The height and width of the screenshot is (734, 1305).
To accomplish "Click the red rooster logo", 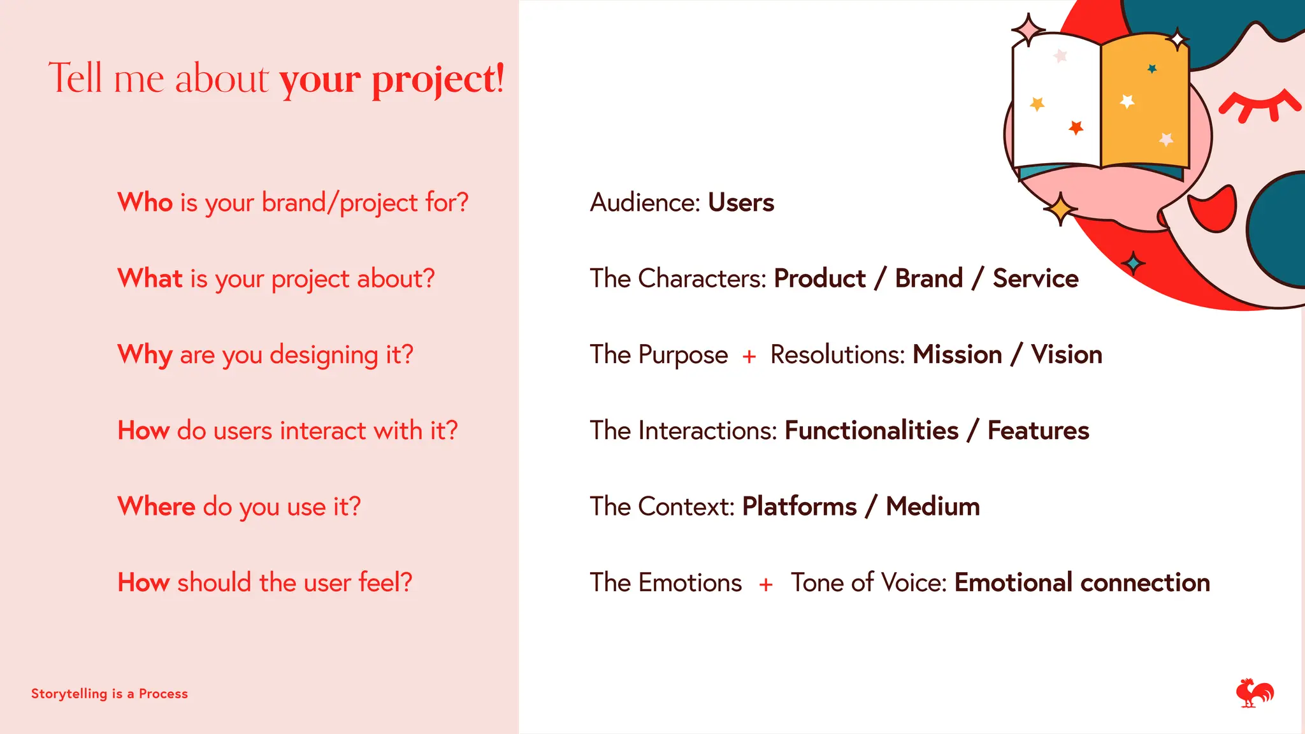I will pyautogui.click(x=1254, y=693).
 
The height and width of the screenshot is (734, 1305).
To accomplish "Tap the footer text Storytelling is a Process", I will pyautogui.click(x=110, y=694).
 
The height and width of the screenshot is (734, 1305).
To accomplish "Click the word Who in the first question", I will pyautogui.click(x=145, y=203).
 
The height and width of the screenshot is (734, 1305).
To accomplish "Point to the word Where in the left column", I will pyautogui.click(x=157, y=507).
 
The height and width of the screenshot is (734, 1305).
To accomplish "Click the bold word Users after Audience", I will pyautogui.click(x=741, y=203).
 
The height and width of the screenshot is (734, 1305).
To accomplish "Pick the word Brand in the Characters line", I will pyautogui.click(x=928, y=278).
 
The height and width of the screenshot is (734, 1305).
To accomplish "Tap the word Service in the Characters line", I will pyautogui.click(x=1035, y=278).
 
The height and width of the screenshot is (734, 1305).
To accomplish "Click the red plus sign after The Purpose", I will pyautogui.click(x=749, y=356).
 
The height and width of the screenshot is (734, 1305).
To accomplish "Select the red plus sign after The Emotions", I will pyautogui.click(x=766, y=584).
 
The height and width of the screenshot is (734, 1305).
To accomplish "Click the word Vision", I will pyautogui.click(x=1067, y=355).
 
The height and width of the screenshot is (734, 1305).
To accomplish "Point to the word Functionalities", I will pyautogui.click(x=871, y=431).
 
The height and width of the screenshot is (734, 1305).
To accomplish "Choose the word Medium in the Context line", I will pyautogui.click(x=933, y=507).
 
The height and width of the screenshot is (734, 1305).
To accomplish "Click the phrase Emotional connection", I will pyautogui.click(x=1082, y=583).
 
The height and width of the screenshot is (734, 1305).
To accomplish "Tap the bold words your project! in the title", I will pyautogui.click(x=391, y=80).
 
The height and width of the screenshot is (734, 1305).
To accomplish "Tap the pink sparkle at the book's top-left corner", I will pyautogui.click(x=1027, y=29).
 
